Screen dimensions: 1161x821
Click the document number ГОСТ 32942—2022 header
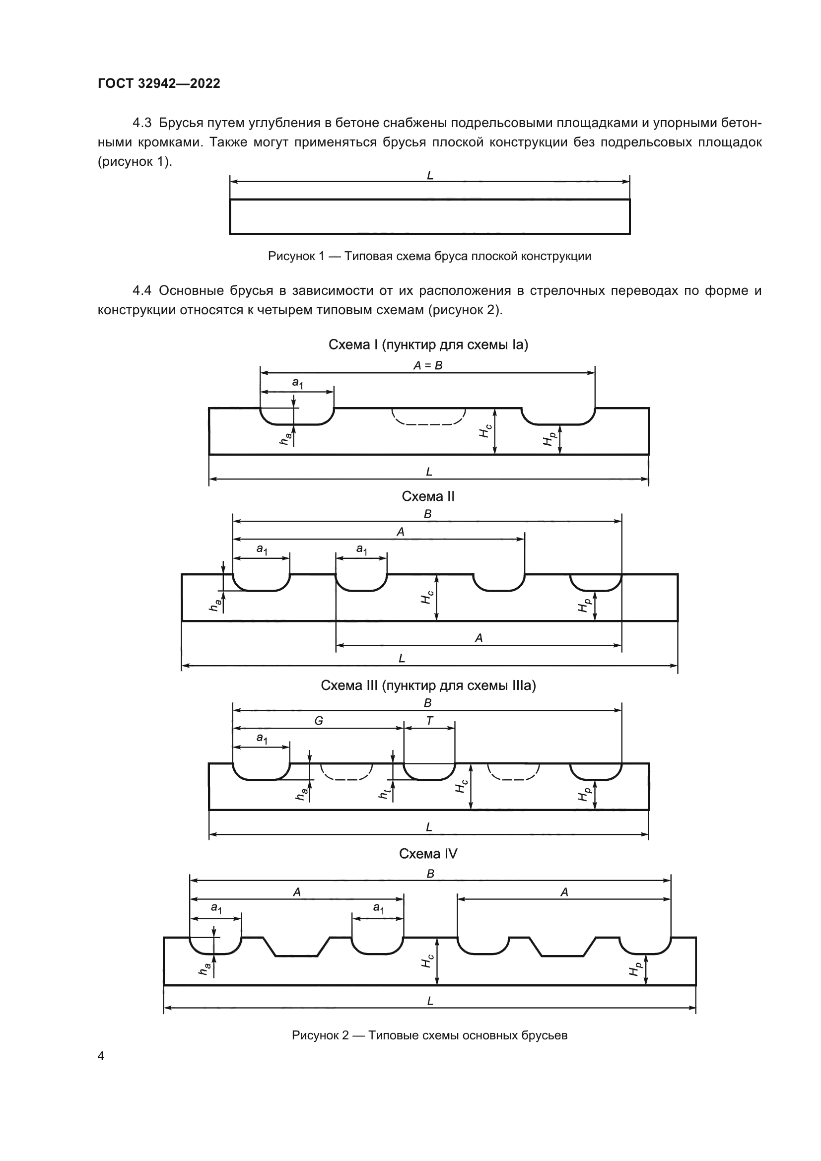pos(159,83)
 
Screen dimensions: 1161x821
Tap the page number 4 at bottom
pos(101,1056)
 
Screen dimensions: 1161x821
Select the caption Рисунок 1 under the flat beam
pos(429,256)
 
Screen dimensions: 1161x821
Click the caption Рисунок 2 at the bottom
pos(429,1031)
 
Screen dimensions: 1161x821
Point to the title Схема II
pos(428,496)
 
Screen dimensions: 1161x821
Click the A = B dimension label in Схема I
pos(428,366)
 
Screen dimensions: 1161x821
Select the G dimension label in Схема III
pos(319,721)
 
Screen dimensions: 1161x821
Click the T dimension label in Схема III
pos(429,721)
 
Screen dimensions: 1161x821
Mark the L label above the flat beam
pos(430,175)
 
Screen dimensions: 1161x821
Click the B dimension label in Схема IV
pos(430,874)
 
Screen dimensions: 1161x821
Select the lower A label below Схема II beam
pos(478,638)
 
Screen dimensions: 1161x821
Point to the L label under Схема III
pos(429,827)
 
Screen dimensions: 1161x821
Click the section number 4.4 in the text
pos(141,291)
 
